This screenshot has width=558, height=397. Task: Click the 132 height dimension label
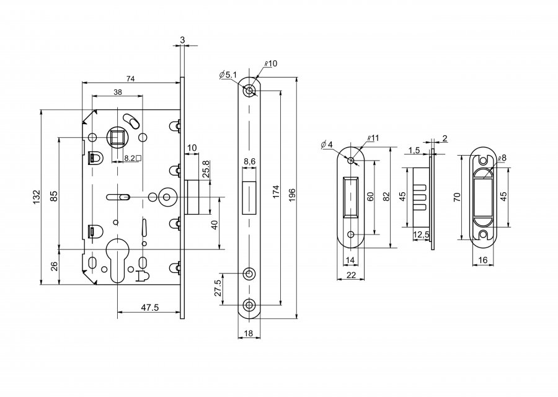pos(37,197)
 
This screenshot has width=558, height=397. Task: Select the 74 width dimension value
pos(131,79)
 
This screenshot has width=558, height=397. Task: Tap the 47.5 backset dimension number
pos(149,308)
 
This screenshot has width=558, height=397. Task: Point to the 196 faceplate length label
pos(292,195)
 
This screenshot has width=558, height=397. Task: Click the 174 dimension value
pos(277,192)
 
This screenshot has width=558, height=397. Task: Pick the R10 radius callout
pos(271,64)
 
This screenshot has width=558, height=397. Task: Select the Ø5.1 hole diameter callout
pos(228,75)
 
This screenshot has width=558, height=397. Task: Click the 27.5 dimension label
pos(218,288)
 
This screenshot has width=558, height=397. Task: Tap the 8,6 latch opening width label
pos(249,162)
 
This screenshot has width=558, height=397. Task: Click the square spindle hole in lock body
pos(117,136)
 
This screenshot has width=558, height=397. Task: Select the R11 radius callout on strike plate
pos(374,138)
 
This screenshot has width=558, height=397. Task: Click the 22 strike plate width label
pos(351,275)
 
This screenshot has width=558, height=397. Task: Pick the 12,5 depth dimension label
pos(422,235)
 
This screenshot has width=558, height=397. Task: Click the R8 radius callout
pos(502,158)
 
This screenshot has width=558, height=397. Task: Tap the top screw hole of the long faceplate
pos(249,91)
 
